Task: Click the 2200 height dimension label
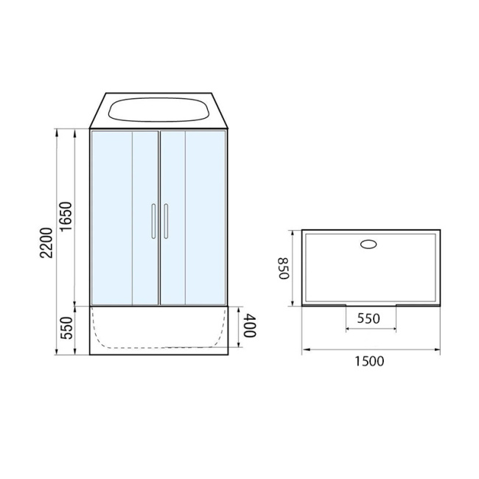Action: [x=46, y=242]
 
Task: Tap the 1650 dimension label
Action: [x=66, y=217]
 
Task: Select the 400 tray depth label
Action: [x=251, y=325]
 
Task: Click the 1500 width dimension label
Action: [x=371, y=361]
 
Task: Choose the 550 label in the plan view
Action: [x=370, y=319]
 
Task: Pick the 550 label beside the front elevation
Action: [x=66, y=328]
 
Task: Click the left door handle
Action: [x=153, y=222]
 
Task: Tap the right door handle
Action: [x=166, y=222]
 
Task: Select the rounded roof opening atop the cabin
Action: [x=158, y=111]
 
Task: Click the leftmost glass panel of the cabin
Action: [x=111, y=217]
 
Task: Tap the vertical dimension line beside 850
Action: [x=294, y=268]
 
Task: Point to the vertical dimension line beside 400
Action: [x=240, y=326]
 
